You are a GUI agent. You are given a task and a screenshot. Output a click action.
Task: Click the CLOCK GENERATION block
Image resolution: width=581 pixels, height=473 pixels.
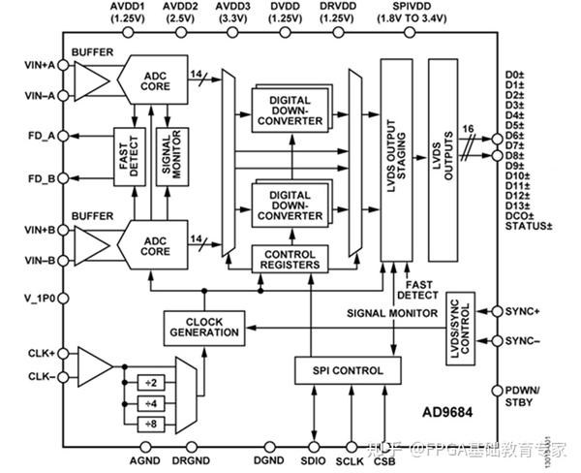[201, 326]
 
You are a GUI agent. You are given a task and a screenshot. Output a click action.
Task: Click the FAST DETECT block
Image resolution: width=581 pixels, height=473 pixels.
[128, 155]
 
